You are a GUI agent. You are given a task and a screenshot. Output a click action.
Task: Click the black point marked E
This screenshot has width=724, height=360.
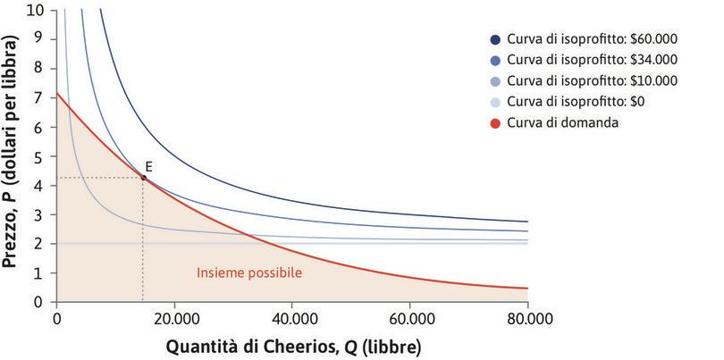[143, 178]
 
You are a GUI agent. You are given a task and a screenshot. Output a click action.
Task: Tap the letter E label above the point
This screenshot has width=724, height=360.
[148, 165]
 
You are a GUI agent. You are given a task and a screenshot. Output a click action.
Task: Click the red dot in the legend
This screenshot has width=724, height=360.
[495, 121]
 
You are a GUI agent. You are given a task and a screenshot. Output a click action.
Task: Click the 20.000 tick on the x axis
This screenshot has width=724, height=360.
[174, 318]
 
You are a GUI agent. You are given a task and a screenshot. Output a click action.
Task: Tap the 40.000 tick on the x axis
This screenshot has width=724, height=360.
[292, 318]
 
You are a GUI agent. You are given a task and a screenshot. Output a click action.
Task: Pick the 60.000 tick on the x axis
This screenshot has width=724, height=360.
[410, 318]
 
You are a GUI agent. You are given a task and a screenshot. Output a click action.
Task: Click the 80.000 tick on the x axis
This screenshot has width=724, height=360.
[527, 318]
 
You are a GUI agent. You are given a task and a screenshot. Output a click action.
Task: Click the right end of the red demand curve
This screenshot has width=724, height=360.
[526, 288]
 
